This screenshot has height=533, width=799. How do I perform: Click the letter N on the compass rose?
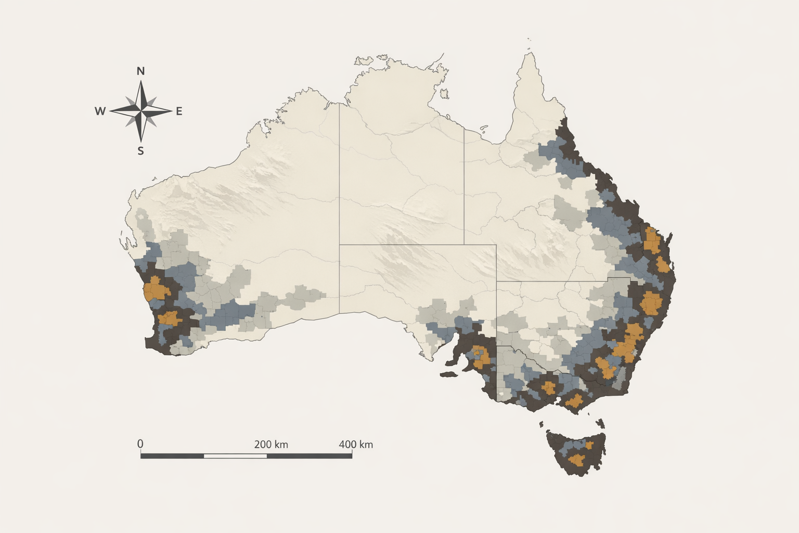pos(140,71)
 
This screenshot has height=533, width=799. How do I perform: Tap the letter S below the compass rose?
pos(140,151)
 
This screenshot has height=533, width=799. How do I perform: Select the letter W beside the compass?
pos(100,111)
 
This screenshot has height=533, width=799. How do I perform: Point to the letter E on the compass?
pos(179,111)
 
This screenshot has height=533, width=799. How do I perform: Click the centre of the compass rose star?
pos(140,110)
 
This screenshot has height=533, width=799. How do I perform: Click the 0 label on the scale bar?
pos(140,444)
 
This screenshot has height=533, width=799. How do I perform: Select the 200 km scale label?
pos(271,445)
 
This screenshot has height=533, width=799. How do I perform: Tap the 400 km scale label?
pos(356,445)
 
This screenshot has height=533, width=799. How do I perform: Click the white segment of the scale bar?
pos(235,456)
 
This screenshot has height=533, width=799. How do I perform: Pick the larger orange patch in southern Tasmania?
pos(576,460)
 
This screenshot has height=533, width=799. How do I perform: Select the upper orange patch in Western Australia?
pos(154,289)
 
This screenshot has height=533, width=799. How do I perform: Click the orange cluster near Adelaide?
pos(482,356)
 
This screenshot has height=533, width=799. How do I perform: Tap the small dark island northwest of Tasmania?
pos(542,424)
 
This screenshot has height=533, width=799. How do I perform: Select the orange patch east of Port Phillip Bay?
pos(574,401)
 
